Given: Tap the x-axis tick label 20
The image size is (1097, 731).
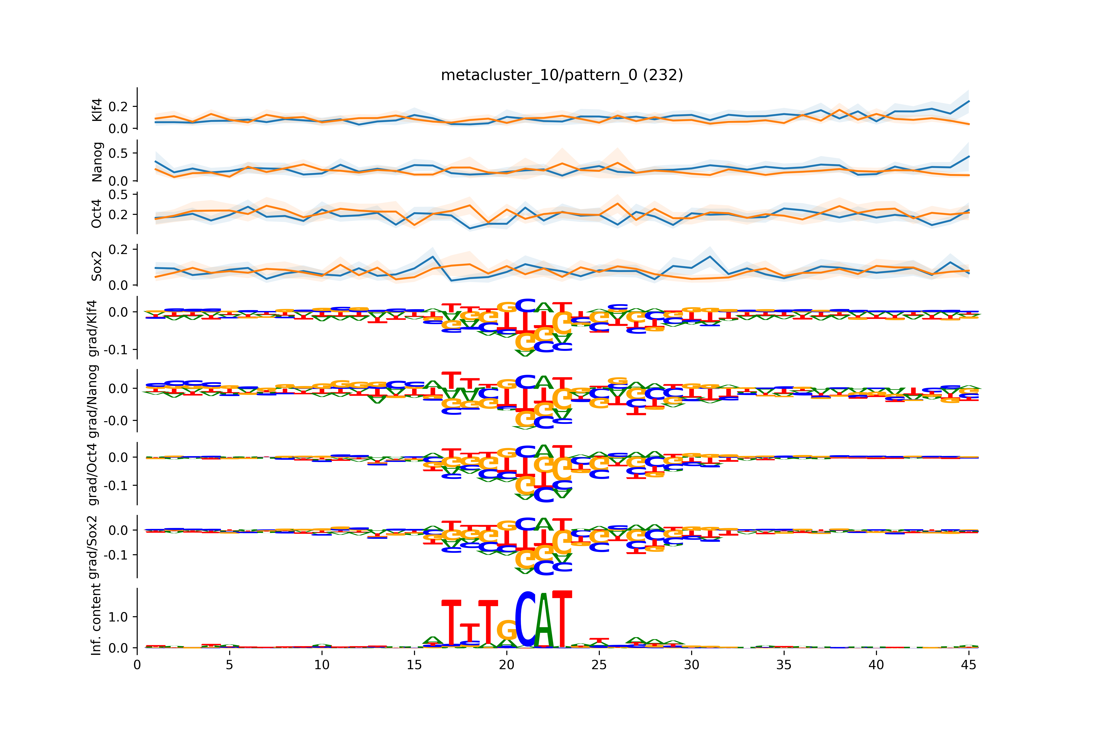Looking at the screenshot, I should pyautogui.click(x=506, y=665).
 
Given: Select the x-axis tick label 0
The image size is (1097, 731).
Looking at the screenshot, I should pyautogui.click(x=137, y=665).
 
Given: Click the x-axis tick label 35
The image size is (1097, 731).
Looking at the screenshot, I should pyautogui.click(x=784, y=665).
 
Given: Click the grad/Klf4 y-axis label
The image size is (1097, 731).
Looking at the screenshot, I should pyautogui.click(x=93, y=328).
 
